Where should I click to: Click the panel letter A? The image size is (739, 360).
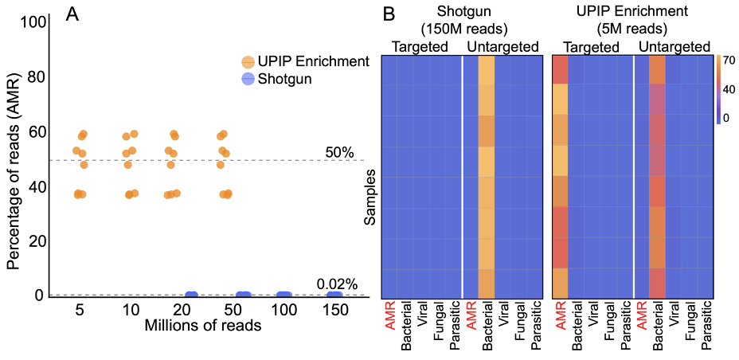72,14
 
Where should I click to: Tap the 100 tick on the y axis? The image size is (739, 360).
30,22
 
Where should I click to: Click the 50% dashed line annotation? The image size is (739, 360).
338,151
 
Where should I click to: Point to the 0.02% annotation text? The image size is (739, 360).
336,284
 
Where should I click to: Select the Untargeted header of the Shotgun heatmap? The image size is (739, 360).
501,47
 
